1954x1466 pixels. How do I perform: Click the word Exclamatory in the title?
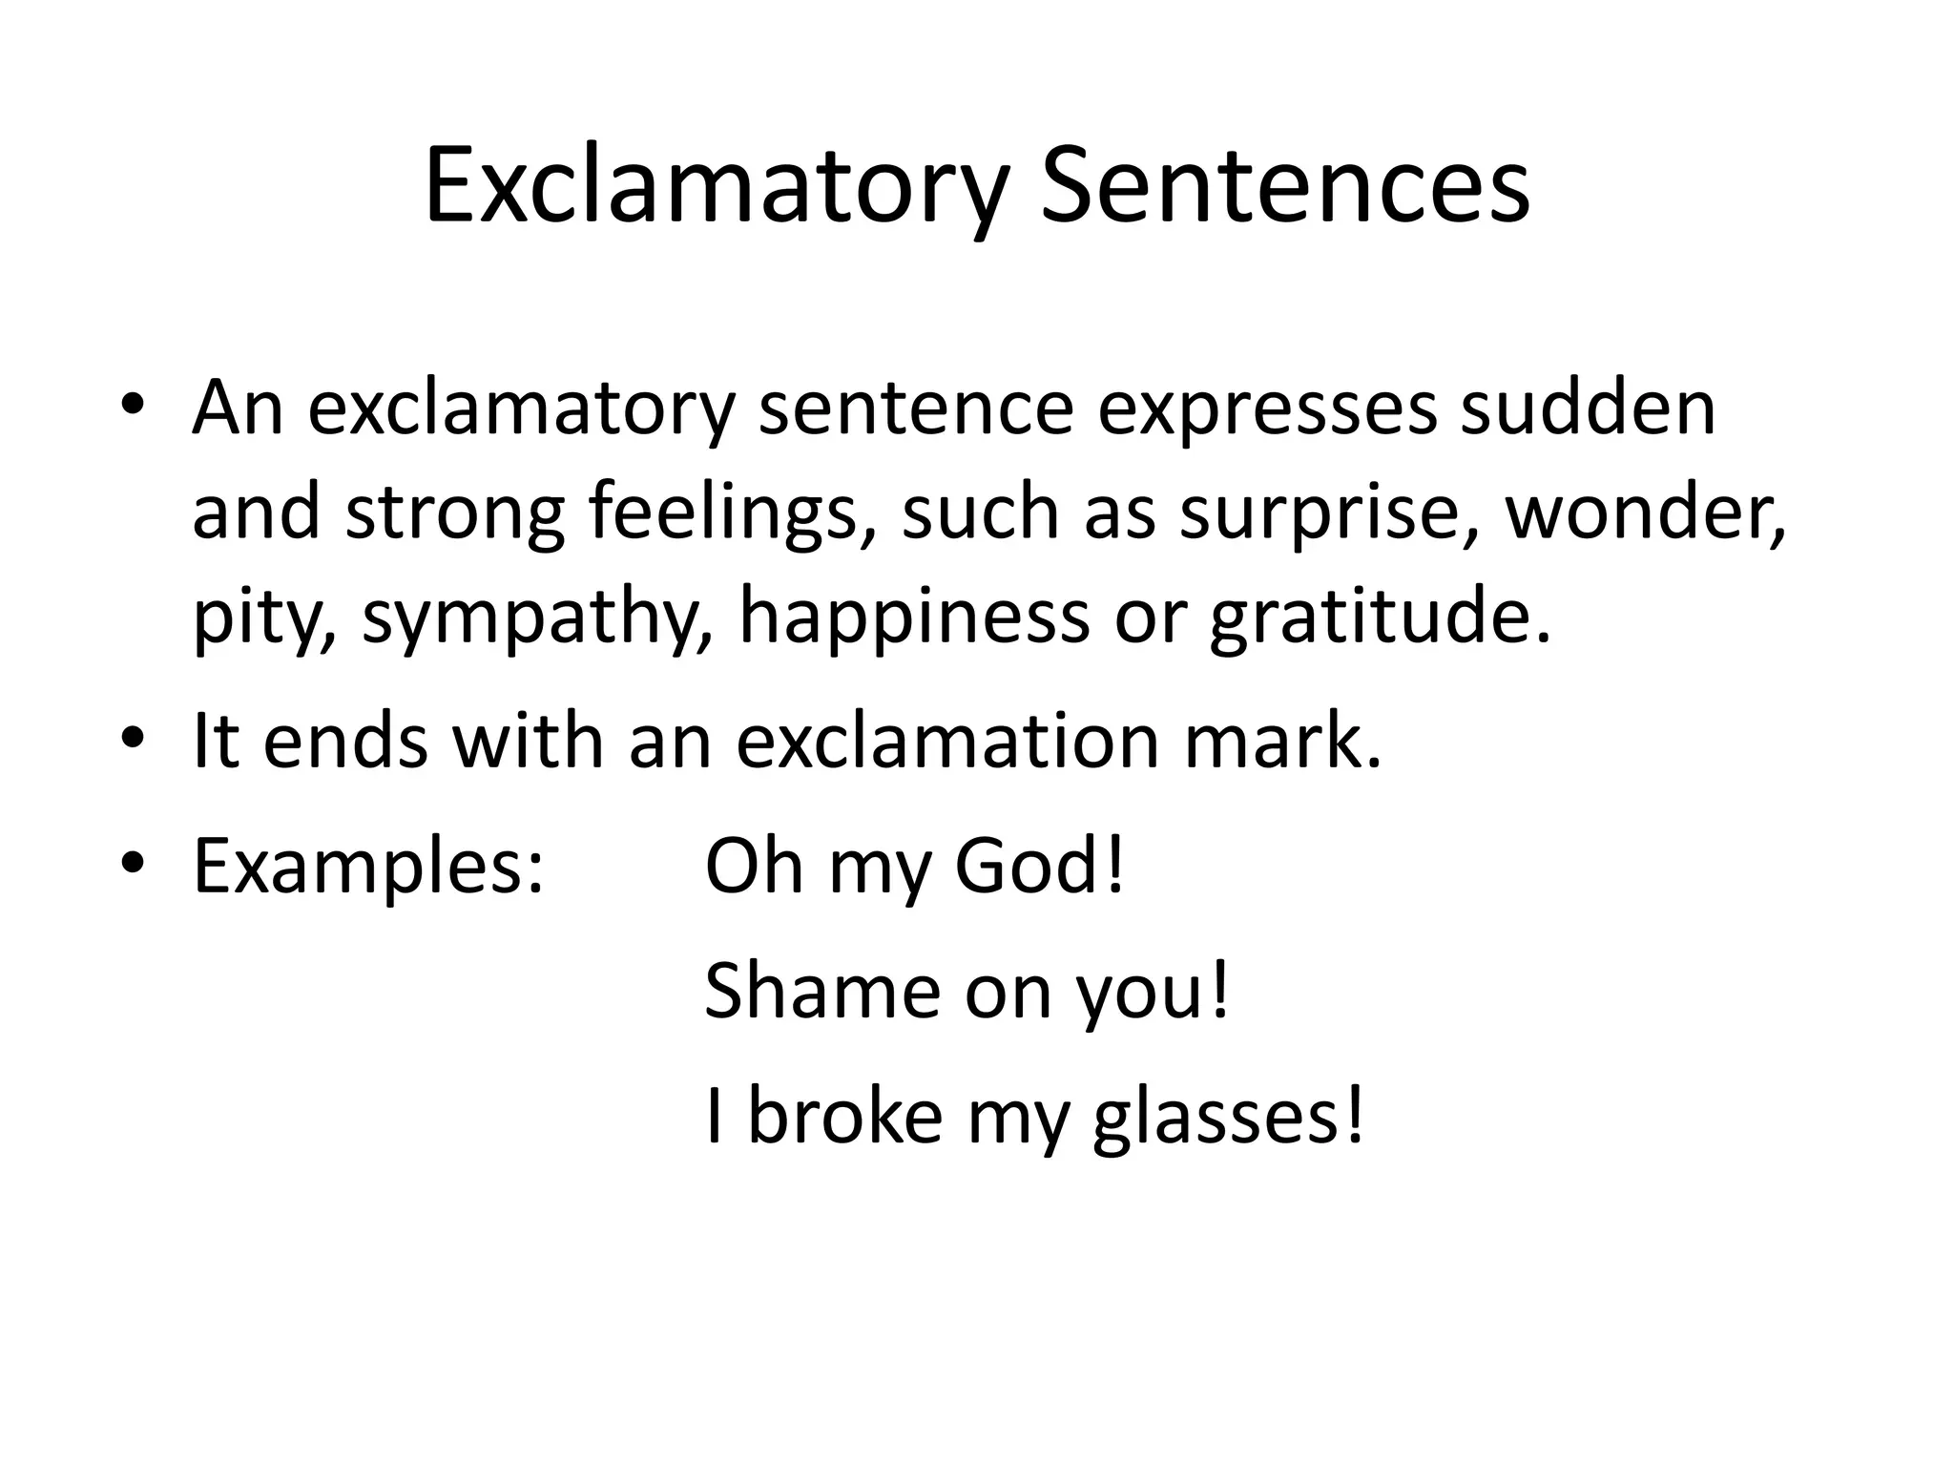(715, 186)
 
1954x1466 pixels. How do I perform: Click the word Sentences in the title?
(1284, 186)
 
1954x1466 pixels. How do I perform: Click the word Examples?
(368, 866)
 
